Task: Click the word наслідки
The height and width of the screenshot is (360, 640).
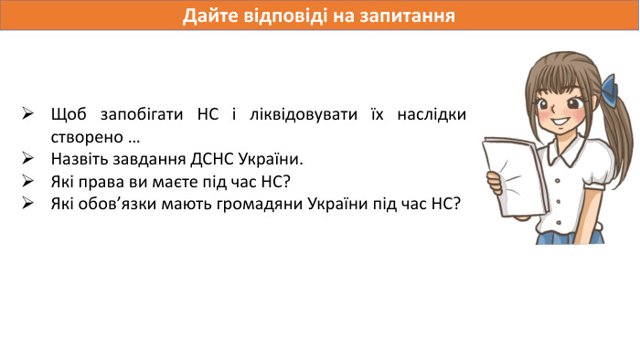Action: (x=433, y=115)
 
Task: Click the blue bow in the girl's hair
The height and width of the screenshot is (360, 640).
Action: (x=611, y=88)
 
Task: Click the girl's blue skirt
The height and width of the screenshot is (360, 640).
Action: (x=569, y=237)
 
